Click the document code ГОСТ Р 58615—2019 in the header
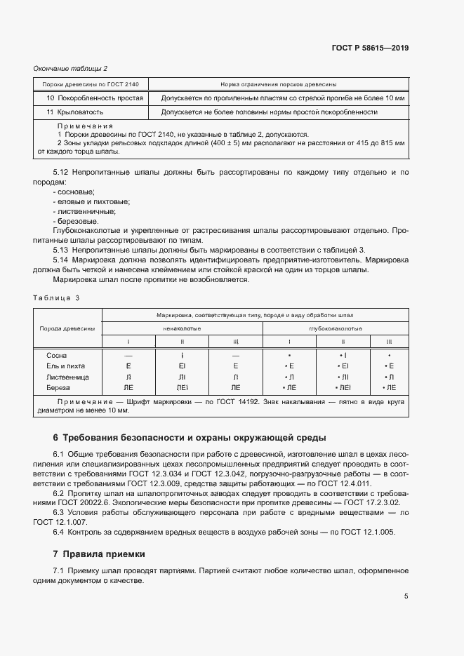pyautogui.click(x=370, y=48)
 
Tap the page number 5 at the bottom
pyautogui.click(x=406, y=596)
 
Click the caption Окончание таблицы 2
pyautogui.click(x=70, y=68)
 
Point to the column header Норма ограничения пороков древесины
pyautogui.click(x=278, y=83)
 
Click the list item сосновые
pyautogui.click(x=76, y=192)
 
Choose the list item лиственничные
pyautogui.click(x=84, y=211)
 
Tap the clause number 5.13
pyautogui.click(x=62, y=250)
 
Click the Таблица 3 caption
pyautogui.click(x=56, y=297)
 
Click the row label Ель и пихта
pyautogui.click(x=67, y=366)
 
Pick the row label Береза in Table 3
pyautogui.click(x=59, y=387)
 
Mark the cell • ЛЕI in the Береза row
pyautogui.click(x=343, y=387)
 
